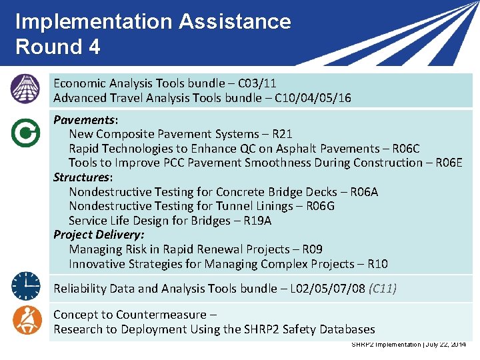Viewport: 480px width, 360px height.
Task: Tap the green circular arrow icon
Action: pos(25,133)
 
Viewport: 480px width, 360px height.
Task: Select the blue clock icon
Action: pos(25,287)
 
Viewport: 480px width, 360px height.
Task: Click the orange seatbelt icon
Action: pos(25,320)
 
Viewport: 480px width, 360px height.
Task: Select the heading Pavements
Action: pos(84,120)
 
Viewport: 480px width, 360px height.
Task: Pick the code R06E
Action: pos(446,163)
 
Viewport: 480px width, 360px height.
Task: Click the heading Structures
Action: pos(81,177)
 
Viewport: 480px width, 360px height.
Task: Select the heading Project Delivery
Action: pos(99,235)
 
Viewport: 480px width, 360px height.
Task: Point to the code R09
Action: pos(312,249)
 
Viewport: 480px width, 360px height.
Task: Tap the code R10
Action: pos(377,264)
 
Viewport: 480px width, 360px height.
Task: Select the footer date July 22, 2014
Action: pos(445,344)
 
